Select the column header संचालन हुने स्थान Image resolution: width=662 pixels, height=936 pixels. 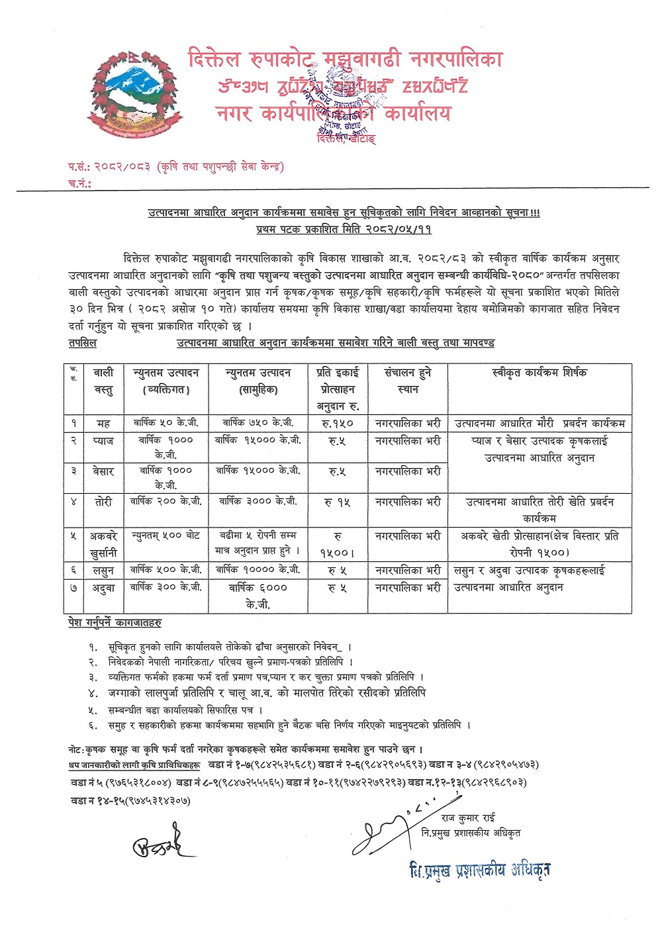pyautogui.click(x=408, y=381)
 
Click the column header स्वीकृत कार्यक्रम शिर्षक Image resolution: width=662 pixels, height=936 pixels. pyautogui.click(x=540, y=373)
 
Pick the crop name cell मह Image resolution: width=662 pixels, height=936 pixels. pyautogui.click(x=103, y=423)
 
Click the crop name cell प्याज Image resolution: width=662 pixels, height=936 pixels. pyautogui.click(x=103, y=441)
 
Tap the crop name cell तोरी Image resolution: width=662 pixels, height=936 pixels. pyautogui.click(x=103, y=502)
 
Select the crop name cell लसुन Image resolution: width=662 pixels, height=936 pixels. pyautogui.click(x=103, y=570)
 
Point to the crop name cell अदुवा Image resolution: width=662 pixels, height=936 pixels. pyautogui.click(x=103, y=588)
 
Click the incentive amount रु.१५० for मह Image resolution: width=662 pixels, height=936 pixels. pyautogui.click(x=338, y=423)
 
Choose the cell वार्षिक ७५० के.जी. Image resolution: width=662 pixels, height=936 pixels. pyautogui.click(x=258, y=422)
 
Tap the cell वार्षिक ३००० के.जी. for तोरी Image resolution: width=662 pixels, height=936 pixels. pyautogui.click(x=258, y=502)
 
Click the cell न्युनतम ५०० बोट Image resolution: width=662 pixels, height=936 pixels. pyautogui.click(x=165, y=535)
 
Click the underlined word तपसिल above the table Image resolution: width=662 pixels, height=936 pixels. pyautogui.click(x=83, y=343)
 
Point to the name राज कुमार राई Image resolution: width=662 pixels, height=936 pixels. pyautogui.click(x=468, y=818)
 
